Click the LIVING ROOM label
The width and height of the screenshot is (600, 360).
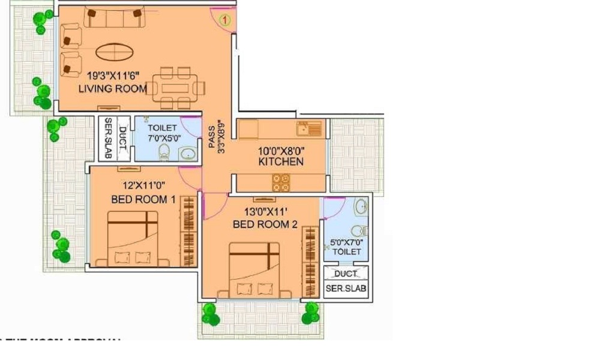pos(113,88)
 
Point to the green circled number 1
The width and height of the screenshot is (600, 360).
pos(225,20)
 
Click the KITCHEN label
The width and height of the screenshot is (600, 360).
pos(280,161)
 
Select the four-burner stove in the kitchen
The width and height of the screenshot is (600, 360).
pos(281,182)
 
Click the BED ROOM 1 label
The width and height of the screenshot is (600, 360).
pos(143,199)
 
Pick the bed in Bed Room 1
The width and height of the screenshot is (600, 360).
pos(133,238)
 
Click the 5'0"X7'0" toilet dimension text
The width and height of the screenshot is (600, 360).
pos(347,243)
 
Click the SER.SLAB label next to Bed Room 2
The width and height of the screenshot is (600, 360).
pos(346,288)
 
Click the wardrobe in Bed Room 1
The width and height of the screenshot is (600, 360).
pos(189,230)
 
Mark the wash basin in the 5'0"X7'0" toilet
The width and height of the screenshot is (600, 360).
pos(361,208)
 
